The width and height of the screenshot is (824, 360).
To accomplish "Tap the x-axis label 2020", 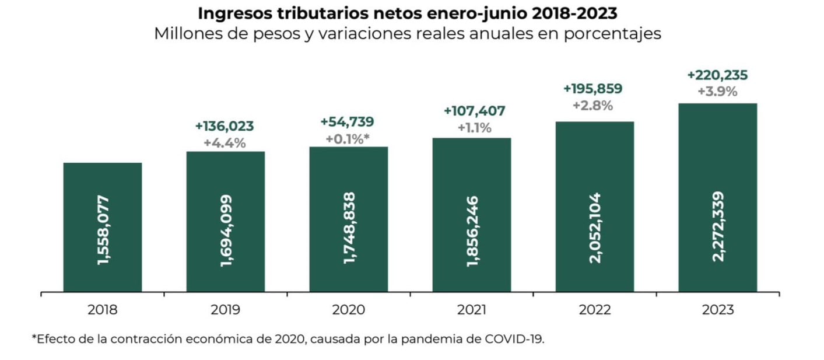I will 348,309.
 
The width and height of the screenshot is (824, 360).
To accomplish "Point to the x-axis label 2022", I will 594,309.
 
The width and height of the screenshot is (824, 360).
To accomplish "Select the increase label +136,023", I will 225,127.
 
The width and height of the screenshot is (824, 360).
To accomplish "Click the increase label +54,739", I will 348,122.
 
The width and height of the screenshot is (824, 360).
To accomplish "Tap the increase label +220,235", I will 717,75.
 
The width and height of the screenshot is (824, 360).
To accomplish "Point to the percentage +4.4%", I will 225,143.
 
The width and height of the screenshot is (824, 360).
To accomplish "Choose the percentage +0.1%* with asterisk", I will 348,138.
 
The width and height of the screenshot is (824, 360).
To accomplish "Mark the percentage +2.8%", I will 594,106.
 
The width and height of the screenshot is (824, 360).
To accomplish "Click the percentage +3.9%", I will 717,92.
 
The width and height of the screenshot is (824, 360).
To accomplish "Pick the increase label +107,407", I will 471,111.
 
